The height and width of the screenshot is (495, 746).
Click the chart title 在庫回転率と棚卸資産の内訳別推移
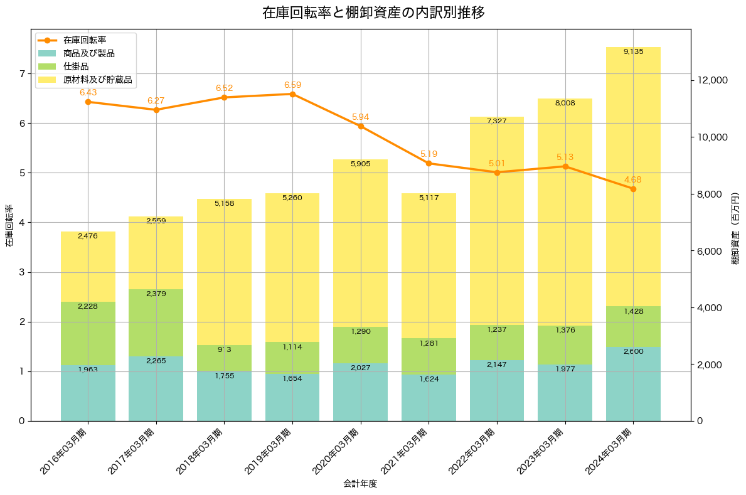pyautogui.click(x=373, y=13)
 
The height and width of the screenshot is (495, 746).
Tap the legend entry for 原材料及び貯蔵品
pyautogui.click(x=97, y=80)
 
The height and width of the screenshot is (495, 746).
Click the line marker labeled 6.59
pyautogui.click(x=292, y=94)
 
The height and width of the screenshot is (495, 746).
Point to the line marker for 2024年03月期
pyautogui.click(x=633, y=189)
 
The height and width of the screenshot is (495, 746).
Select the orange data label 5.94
pyautogui.click(x=361, y=117)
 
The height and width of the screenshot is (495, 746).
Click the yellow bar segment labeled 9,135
pyautogui.click(x=633, y=176)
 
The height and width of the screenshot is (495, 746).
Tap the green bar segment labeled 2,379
pyautogui.click(x=156, y=322)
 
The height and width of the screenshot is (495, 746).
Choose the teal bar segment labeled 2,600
pyautogui.click(x=633, y=384)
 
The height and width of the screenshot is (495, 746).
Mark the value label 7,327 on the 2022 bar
pyautogui.click(x=497, y=120)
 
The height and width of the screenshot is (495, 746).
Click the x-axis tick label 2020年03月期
pyautogui.click(x=336, y=451)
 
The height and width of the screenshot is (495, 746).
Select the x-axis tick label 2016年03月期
pyautogui.click(x=63, y=451)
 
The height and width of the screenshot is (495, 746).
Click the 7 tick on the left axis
pyautogui.click(x=22, y=73)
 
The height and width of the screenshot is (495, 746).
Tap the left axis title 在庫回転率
pyautogui.click(x=9, y=226)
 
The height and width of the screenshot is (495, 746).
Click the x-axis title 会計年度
pyautogui.click(x=360, y=484)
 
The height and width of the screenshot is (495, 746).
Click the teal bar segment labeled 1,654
pyautogui.click(x=292, y=397)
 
